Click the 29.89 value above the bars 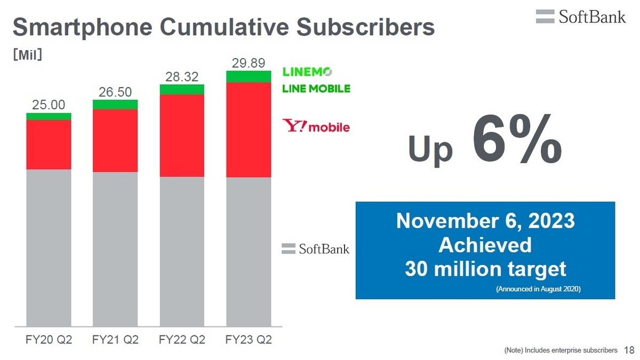click(249, 63)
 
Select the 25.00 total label click(49, 105)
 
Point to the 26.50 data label click(115, 92)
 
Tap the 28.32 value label click(182, 77)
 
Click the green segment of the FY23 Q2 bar click(249, 77)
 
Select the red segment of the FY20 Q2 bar click(49, 145)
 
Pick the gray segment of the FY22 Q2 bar click(182, 252)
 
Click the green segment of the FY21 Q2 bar click(115, 105)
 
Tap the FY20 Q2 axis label click(49, 340)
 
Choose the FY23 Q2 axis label click(249, 340)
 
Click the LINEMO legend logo click(307, 71)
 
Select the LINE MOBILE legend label click(316, 89)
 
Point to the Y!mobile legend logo click(316, 126)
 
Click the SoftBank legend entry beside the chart click(315, 249)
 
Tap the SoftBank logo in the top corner click(581, 17)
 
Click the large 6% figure click(517, 139)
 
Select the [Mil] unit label click(28, 54)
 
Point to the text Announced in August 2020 click(538, 289)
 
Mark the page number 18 click(629, 350)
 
